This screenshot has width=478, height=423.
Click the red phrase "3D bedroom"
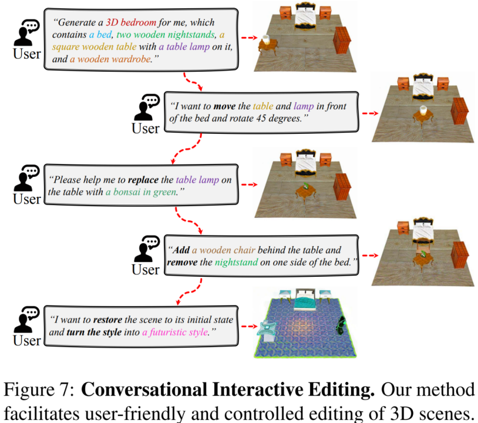[x=131, y=22]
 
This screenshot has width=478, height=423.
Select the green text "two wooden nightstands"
[x=166, y=35]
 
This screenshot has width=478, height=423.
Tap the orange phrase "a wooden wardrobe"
[x=110, y=59]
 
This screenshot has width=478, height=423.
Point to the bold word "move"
[x=224, y=106]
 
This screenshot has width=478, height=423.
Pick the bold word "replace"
[x=143, y=180]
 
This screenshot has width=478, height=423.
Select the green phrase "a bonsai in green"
[x=141, y=192]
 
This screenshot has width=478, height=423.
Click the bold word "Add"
[x=181, y=250]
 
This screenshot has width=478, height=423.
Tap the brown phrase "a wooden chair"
[x=224, y=250]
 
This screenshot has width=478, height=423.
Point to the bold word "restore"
[x=107, y=320]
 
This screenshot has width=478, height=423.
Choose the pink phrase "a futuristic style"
[x=176, y=332]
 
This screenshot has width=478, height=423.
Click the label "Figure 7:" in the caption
[x=39, y=390]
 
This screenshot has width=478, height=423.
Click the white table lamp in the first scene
[x=266, y=39]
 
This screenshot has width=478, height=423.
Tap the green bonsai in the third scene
[x=305, y=186]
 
